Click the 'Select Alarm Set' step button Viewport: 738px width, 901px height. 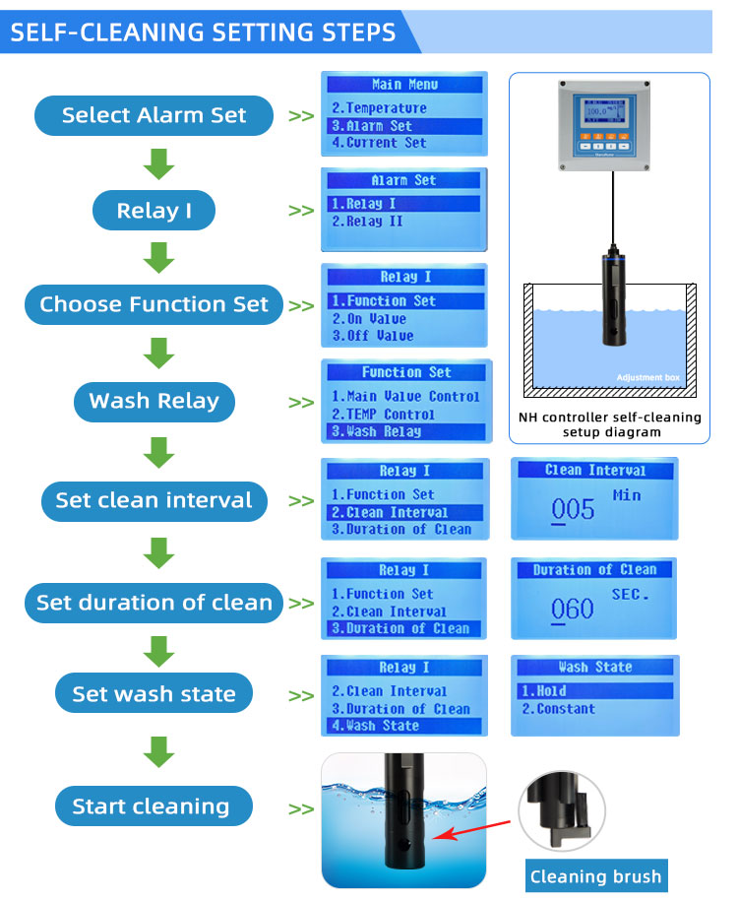coord(154,115)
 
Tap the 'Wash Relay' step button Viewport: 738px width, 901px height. coord(154,401)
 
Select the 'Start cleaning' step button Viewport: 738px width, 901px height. coord(154,807)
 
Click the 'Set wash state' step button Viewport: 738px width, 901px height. coord(154,694)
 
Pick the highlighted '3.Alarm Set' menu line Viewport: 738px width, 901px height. coord(404,126)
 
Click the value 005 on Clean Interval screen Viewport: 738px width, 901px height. coord(573,509)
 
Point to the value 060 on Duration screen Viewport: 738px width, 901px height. coord(573,609)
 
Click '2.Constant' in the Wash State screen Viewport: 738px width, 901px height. coord(558,709)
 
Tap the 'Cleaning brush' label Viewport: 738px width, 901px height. coord(596,876)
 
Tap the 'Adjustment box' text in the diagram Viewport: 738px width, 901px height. coord(648,378)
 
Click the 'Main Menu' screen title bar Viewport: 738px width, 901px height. coord(404,85)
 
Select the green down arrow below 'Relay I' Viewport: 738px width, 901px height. coord(158,256)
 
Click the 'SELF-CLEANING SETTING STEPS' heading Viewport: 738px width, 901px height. coord(203,32)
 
